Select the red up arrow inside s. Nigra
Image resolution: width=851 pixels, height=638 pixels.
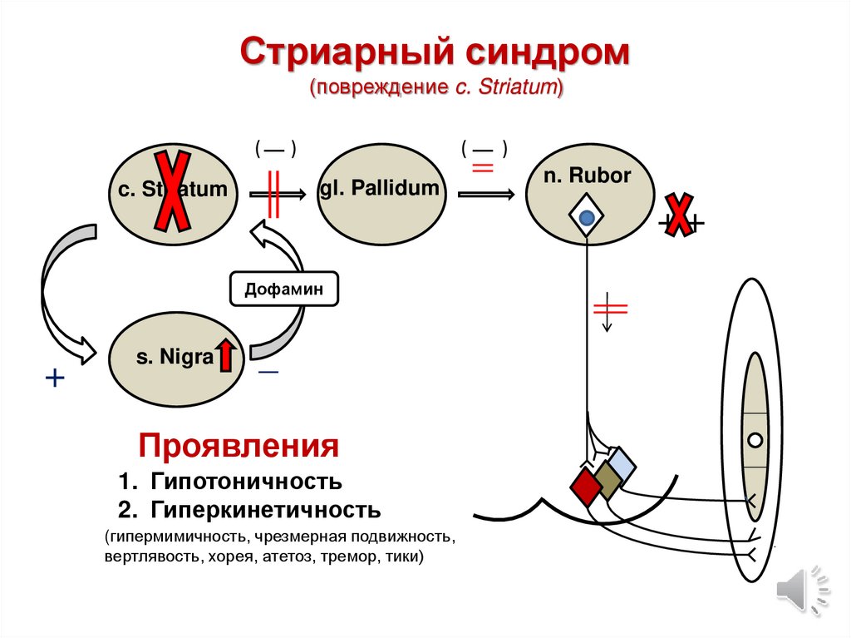tap(227, 356)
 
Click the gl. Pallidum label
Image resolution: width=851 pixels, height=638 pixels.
tap(379, 188)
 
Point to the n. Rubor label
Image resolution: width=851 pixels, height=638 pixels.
tap(587, 176)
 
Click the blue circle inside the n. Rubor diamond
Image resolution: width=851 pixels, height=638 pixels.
tap(587, 219)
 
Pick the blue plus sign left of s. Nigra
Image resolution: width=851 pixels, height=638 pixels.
tap(55, 379)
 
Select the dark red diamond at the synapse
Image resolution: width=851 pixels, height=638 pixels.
tap(585, 487)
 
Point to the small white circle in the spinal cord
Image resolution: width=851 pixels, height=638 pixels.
tap(755, 440)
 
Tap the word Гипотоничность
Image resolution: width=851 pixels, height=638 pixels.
tap(246, 482)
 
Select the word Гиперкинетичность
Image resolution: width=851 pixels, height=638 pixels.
tap(266, 509)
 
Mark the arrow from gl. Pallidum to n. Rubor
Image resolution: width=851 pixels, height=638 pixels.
tap(485, 193)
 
